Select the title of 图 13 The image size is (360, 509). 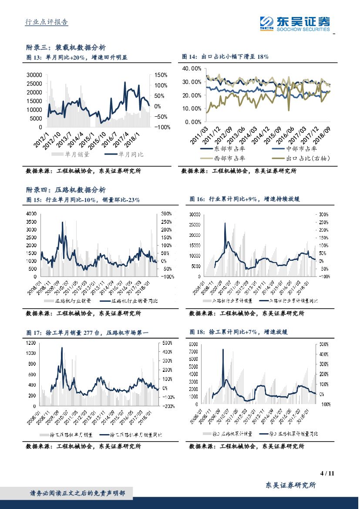tap(77, 57)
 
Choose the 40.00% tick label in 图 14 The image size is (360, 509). tap(191, 69)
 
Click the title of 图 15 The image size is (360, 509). tap(83, 199)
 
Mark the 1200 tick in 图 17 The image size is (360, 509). tap(31, 343)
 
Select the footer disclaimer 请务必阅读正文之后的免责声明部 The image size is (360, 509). tap(77, 493)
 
